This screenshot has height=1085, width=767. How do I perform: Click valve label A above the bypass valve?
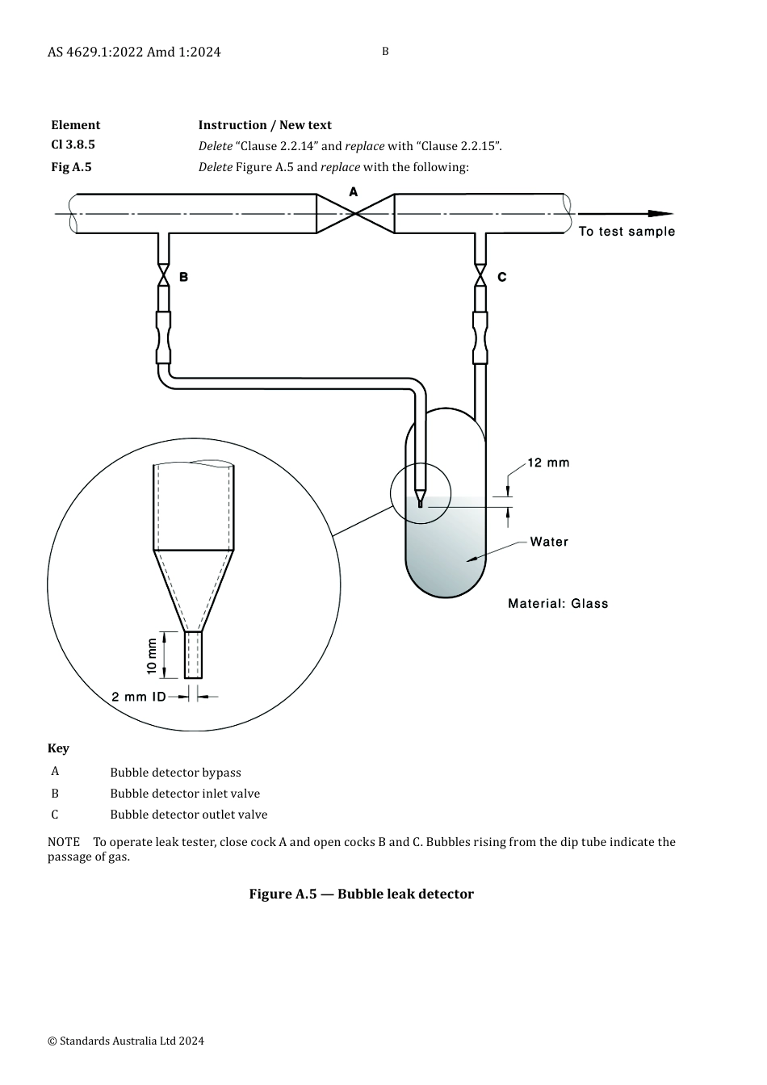353,192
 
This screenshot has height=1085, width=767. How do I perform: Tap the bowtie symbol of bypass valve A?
355,214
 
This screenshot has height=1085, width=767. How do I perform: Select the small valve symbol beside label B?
164,275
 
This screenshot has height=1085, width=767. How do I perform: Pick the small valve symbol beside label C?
480,275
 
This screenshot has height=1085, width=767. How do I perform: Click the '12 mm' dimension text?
548,463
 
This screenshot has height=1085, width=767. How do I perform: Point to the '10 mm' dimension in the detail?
152,656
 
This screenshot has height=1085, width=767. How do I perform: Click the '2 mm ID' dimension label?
139,697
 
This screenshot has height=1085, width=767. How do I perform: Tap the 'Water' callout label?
549,542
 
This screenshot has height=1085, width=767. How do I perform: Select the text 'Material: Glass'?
558,604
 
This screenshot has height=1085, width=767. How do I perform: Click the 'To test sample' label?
627,232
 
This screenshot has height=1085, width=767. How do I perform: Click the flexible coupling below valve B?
164,337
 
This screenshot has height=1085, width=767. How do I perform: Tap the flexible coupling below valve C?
480,337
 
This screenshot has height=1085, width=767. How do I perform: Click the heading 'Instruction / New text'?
265,125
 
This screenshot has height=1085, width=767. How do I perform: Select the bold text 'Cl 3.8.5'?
73,145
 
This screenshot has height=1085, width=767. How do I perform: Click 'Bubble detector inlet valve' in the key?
185,794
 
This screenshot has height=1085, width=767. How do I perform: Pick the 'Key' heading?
58,748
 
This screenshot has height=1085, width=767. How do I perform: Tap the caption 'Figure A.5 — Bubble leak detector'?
362,894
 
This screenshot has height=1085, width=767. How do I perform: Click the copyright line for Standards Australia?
125,1041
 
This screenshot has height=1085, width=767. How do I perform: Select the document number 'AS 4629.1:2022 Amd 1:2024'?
134,52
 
